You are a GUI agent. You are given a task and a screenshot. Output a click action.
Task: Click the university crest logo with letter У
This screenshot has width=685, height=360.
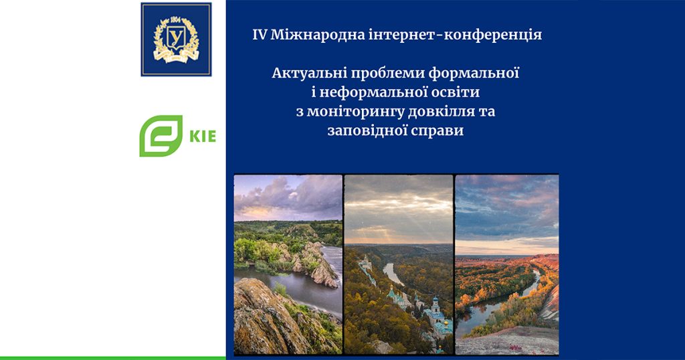(x=176, y=39)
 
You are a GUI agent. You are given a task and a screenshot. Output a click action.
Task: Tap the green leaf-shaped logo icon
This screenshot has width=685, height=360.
(x=161, y=136)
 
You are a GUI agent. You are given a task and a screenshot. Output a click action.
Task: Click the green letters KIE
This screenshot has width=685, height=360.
(x=203, y=137)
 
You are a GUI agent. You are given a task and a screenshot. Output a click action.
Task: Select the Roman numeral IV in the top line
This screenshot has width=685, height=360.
(x=259, y=35)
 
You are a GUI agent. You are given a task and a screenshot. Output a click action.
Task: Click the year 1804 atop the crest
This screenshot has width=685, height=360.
(x=176, y=19)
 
